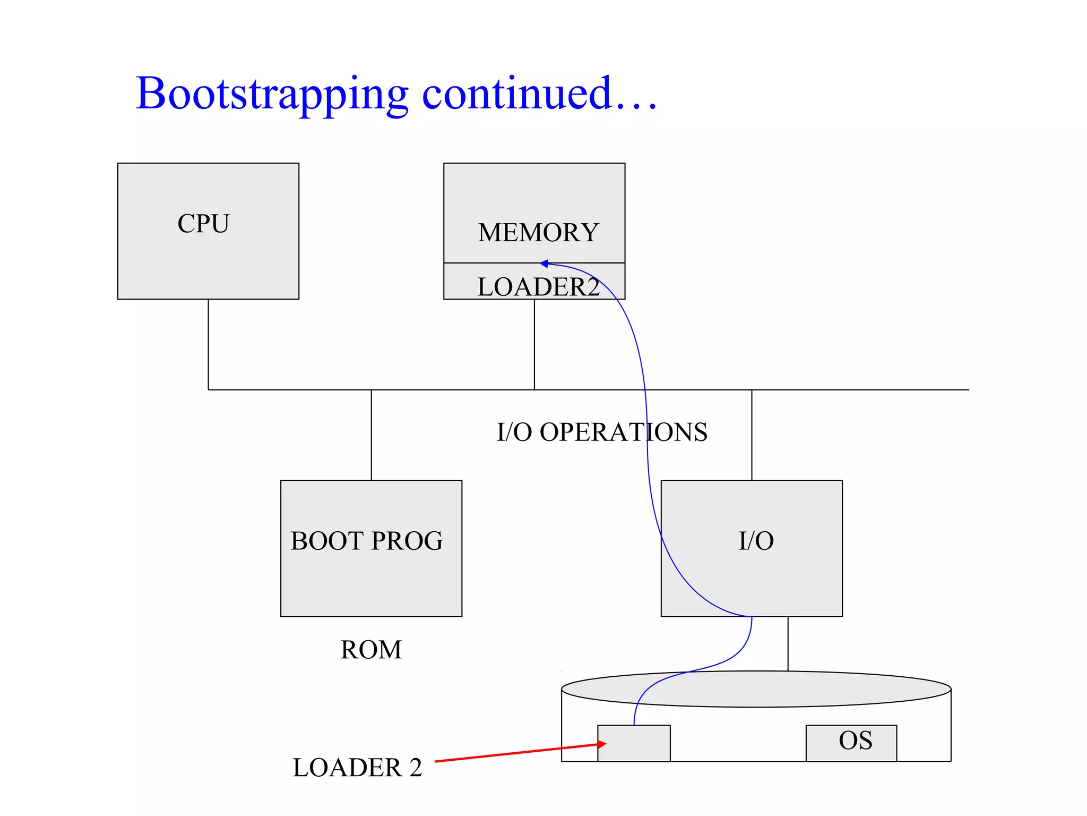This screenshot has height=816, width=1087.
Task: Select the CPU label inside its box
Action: [x=203, y=223]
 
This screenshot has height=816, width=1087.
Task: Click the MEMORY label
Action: [x=538, y=233]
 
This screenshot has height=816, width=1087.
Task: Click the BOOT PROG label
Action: [x=367, y=541]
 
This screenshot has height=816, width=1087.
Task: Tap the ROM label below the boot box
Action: [x=371, y=649]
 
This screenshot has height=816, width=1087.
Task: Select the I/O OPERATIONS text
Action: [x=602, y=432]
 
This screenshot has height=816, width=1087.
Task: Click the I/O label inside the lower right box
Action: [x=756, y=541]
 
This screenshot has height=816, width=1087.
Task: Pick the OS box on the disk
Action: [x=851, y=742]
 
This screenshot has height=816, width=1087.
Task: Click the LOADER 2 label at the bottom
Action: [x=357, y=768]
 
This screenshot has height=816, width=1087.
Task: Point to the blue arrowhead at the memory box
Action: [x=544, y=263]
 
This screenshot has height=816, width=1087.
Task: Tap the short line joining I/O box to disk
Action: [x=788, y=643]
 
